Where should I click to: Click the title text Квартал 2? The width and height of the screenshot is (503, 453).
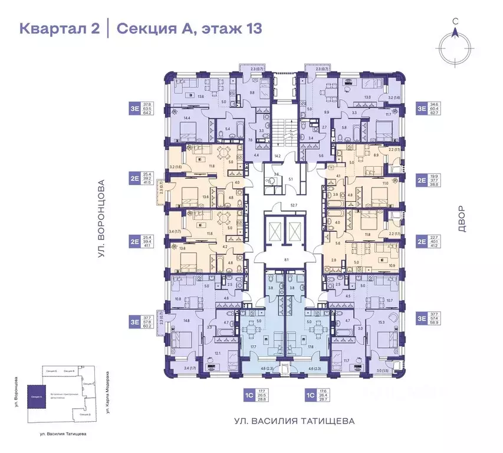click(59, 28)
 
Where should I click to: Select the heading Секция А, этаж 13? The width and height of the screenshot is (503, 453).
click(189, 28)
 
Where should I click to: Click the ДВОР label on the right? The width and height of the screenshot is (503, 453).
click(461, 218)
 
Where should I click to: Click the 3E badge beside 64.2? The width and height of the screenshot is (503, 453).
click(135, 109)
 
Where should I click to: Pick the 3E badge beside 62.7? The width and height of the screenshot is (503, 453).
click(422, 109)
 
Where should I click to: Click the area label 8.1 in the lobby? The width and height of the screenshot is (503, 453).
click(286, 259)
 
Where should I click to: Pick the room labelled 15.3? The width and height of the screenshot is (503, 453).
click(381, 322)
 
